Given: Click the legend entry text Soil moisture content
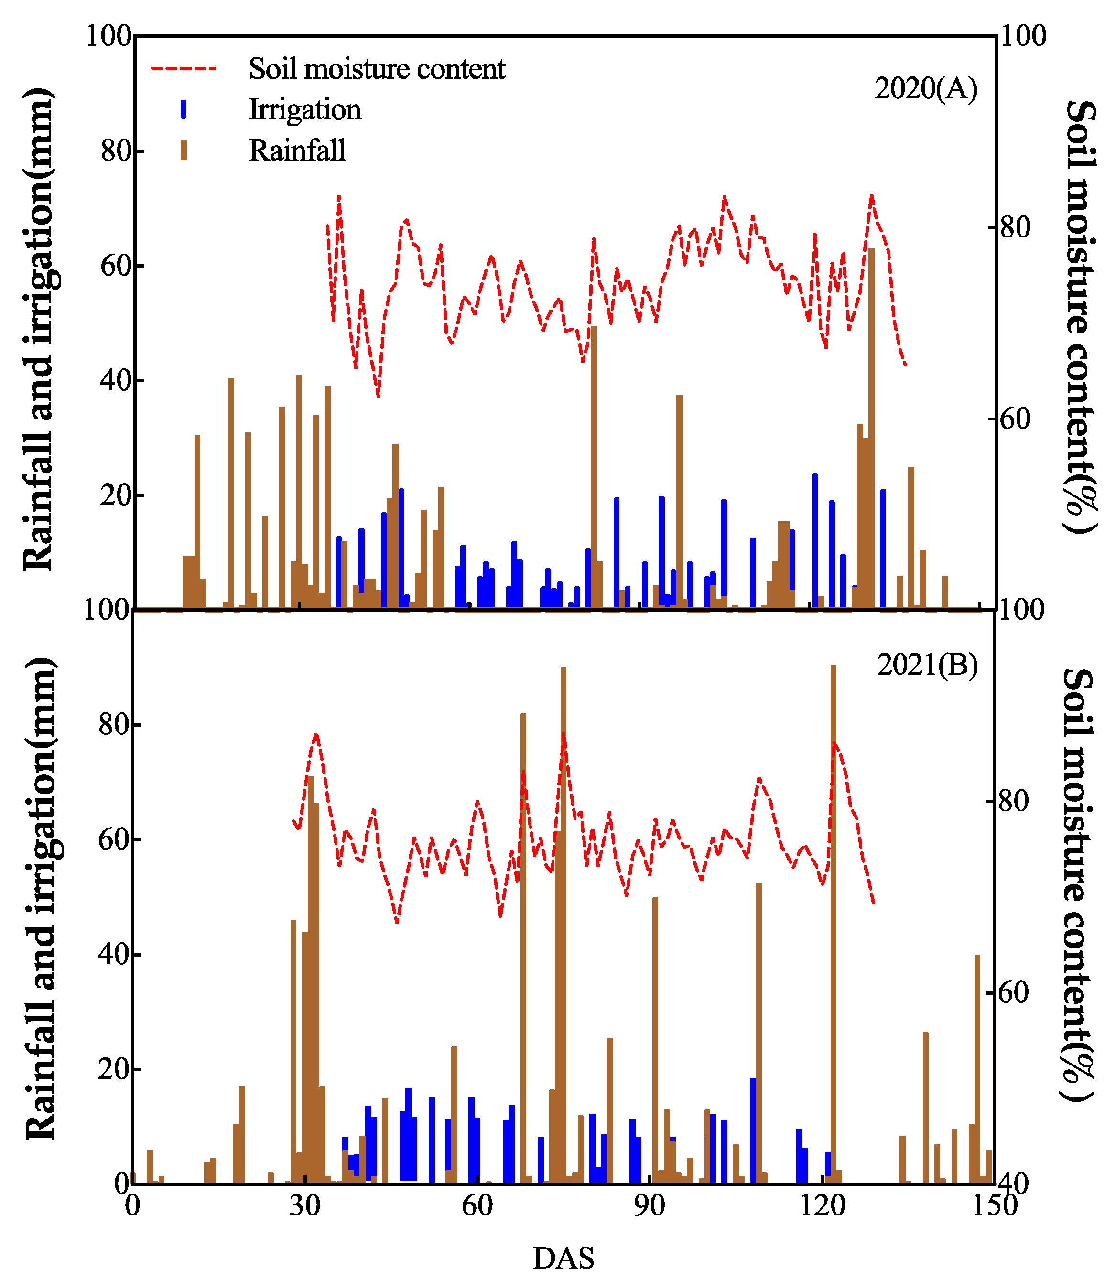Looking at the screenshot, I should pos(377,69).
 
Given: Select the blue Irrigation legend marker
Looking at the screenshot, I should pos(184,109).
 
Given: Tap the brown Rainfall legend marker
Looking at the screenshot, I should pos(184,151).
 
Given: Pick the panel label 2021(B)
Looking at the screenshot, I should pos(927,665).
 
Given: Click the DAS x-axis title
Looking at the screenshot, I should pos(563,1258).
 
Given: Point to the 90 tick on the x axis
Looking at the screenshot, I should pos(650,1205).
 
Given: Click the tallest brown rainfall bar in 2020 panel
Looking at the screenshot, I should pos(871,430).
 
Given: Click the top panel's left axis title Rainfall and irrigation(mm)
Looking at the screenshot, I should pos(39,330).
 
